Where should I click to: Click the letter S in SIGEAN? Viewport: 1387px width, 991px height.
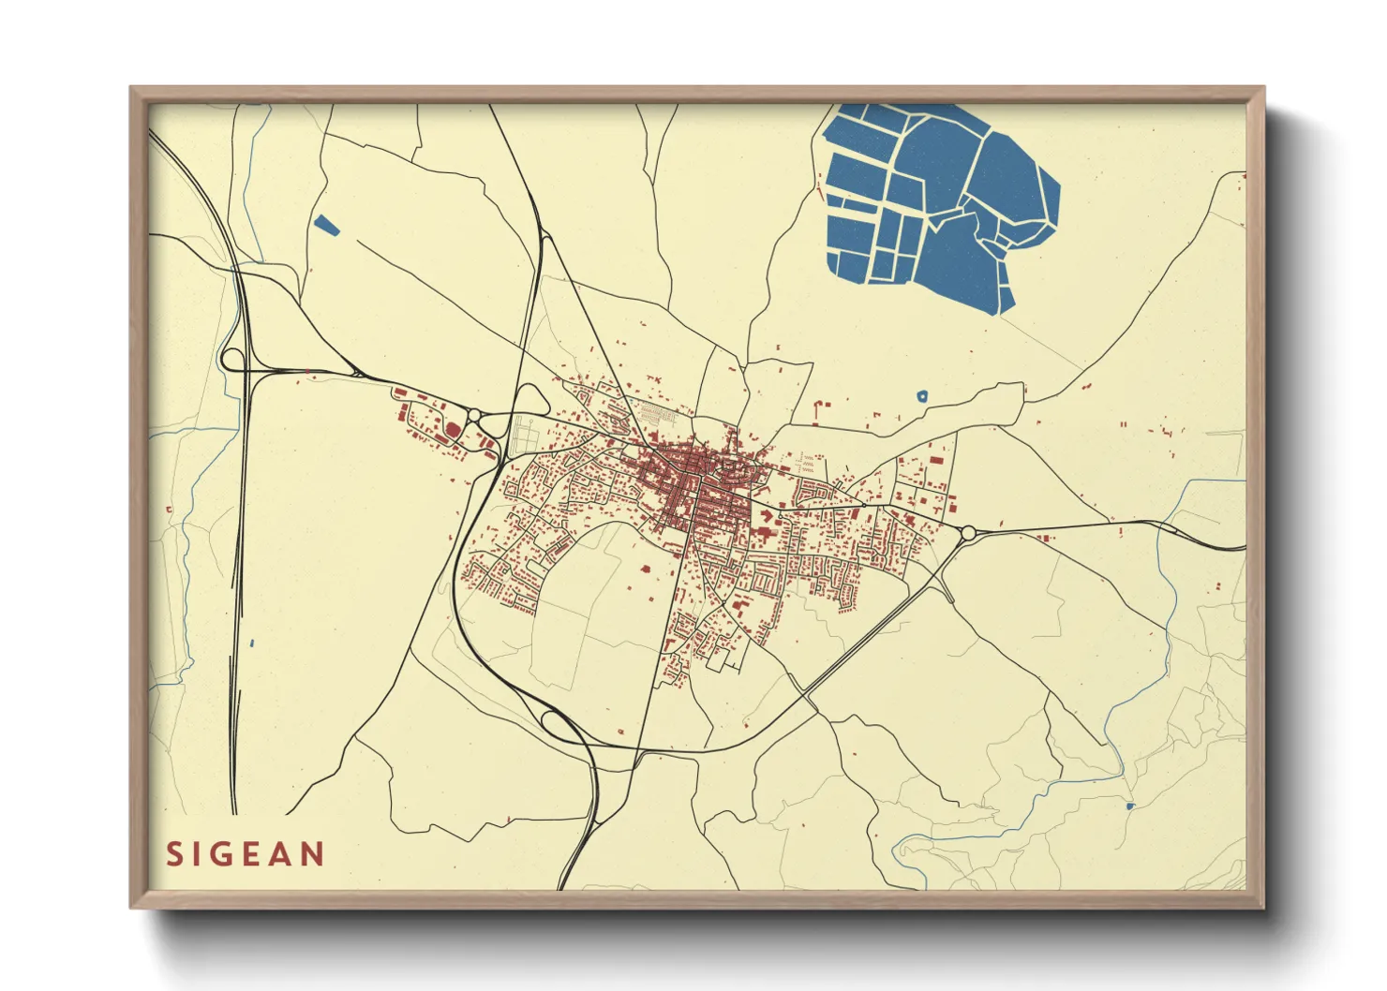pyautogui.click(x=174, y=854)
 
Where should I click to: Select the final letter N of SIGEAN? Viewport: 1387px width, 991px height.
pyautogui.click(x=311, y=854)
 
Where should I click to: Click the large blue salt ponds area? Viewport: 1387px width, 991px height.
pyautogui.click(x=937, y=197)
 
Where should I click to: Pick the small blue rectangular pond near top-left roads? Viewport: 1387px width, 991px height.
pyautogui.click(x=326, y=225)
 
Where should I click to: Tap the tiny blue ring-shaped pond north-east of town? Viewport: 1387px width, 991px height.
pyautogui.click(x=922, y=396)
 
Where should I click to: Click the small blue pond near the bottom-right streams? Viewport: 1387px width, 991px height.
pyautogui.click(x=1129, y=806)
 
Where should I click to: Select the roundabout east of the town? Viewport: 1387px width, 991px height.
pyautogui.click(x=968, y=534)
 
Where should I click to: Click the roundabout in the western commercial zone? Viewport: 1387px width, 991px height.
pyautogui.click(x=474, y=415)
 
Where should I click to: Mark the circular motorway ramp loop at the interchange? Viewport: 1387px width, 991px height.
pyautogui.click(x=231, y=359)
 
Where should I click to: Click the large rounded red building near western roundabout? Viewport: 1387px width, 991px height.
pyautogui.click(x=452, y=430)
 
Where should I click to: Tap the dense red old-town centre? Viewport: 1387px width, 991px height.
pyautogui.click(x=698, y=468)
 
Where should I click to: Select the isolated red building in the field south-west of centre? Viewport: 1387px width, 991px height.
pyautogui.click(x=645, y=567)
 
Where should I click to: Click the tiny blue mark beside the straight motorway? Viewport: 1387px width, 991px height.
pyautogui.click(x=253, y=643)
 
